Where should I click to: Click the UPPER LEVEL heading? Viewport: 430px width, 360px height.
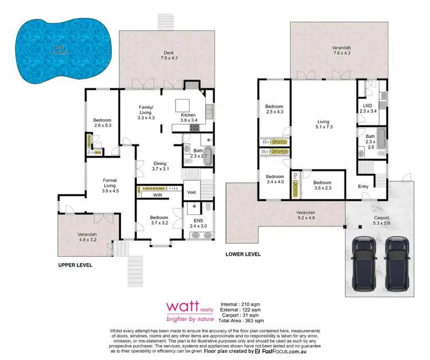point(75,266)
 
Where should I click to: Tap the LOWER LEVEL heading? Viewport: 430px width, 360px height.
point(243,254)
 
